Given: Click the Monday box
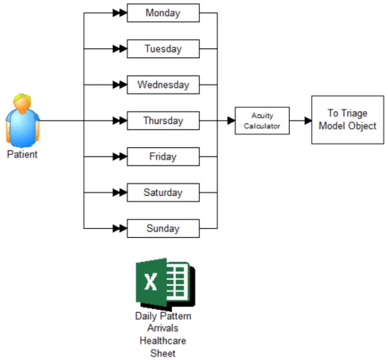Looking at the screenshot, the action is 164,13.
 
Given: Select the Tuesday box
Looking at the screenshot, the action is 164,48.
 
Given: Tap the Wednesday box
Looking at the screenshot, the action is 164,85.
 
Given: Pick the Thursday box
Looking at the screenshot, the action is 164,121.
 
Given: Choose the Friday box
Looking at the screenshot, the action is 164,156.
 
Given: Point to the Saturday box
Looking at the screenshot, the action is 164,193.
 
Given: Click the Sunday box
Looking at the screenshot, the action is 164,228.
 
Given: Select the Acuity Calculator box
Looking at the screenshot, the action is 262,121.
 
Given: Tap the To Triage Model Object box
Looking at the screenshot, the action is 348,120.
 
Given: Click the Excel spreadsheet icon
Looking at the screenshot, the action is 166,284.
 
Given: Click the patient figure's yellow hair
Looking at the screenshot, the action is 22,98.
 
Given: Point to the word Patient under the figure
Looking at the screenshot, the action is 22,154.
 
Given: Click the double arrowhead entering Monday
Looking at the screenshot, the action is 120,13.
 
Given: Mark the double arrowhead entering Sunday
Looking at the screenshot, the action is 120,228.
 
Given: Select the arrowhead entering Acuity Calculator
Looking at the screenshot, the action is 231,121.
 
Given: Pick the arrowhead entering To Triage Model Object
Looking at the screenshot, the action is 308,121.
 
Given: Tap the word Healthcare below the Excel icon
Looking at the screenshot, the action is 163,341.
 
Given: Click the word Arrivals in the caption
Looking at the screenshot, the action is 163,328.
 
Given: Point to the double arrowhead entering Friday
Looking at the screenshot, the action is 120,156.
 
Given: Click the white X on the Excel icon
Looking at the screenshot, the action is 151,282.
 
